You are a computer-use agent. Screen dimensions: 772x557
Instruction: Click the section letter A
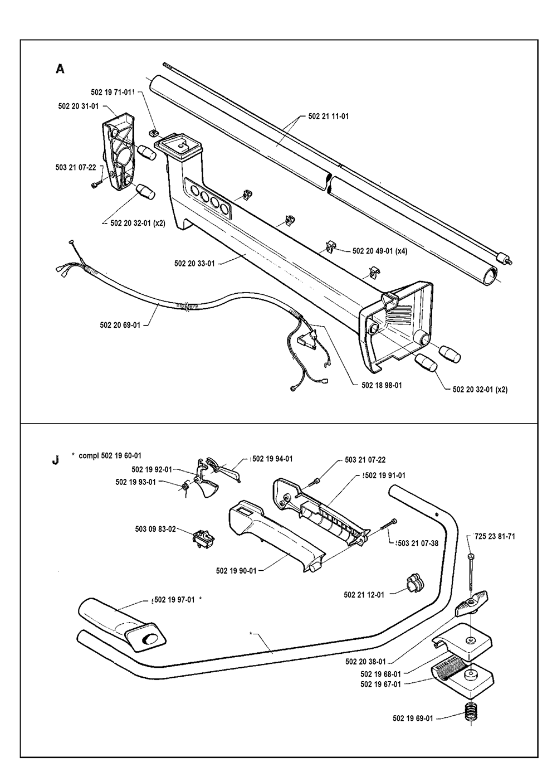pos(60,69)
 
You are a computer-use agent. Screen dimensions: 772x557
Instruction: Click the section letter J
pos(54,461)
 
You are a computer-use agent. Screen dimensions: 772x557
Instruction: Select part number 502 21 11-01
pos(329,116)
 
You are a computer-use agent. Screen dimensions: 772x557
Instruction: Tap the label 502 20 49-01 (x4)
pos(380,251)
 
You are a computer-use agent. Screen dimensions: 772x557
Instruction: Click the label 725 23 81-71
pos(495,537)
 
